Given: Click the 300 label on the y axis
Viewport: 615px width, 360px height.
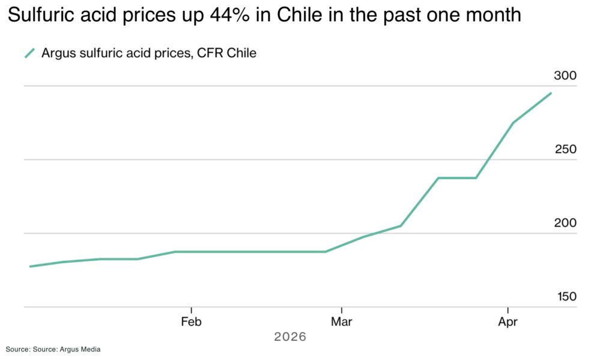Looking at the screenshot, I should (565, 76).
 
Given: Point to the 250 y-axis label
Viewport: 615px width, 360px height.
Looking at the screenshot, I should (565, 149).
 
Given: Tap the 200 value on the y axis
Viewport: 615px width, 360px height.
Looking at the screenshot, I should (565, 223).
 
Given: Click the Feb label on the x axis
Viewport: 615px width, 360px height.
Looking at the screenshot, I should (191, 322).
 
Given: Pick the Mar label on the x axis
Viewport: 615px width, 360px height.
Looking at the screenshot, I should (341, 322).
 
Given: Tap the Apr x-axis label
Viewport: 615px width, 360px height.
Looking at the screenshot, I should (508, 322).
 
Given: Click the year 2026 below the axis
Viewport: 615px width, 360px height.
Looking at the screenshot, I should (290, 337).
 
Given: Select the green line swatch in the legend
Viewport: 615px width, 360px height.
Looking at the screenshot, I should (29, 53).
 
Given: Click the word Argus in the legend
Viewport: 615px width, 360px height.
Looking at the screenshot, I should (58, 53).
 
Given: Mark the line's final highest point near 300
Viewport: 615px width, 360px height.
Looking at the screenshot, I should (551, 93).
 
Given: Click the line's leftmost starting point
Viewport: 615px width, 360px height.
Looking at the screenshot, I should (29, 266).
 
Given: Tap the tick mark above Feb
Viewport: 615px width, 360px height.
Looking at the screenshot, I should (191, 310).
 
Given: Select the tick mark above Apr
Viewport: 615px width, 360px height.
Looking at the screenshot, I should (508, 310).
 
